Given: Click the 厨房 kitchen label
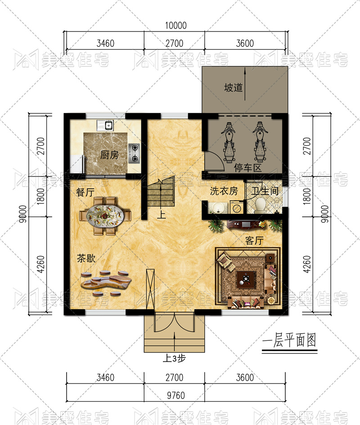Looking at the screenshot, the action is pos(109,155).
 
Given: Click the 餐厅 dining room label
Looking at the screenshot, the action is pos(85,192).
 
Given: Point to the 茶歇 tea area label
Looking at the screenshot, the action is pos(86,258).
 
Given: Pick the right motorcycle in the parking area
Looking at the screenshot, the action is pos(260,142).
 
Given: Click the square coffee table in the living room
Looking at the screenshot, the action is pos(246,279).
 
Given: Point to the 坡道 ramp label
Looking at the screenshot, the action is pos(233,87).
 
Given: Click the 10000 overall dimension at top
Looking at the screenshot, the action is pos(176,26).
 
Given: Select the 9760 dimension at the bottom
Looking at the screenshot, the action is pos(176,395).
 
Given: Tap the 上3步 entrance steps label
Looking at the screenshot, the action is pos(174,358).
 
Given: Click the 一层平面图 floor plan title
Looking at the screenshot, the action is pos(289,340).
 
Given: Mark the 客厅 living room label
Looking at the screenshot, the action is pos(254,240).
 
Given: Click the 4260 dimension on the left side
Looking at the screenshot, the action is pos(40,264).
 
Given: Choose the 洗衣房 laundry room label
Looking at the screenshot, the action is pos(224,191).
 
